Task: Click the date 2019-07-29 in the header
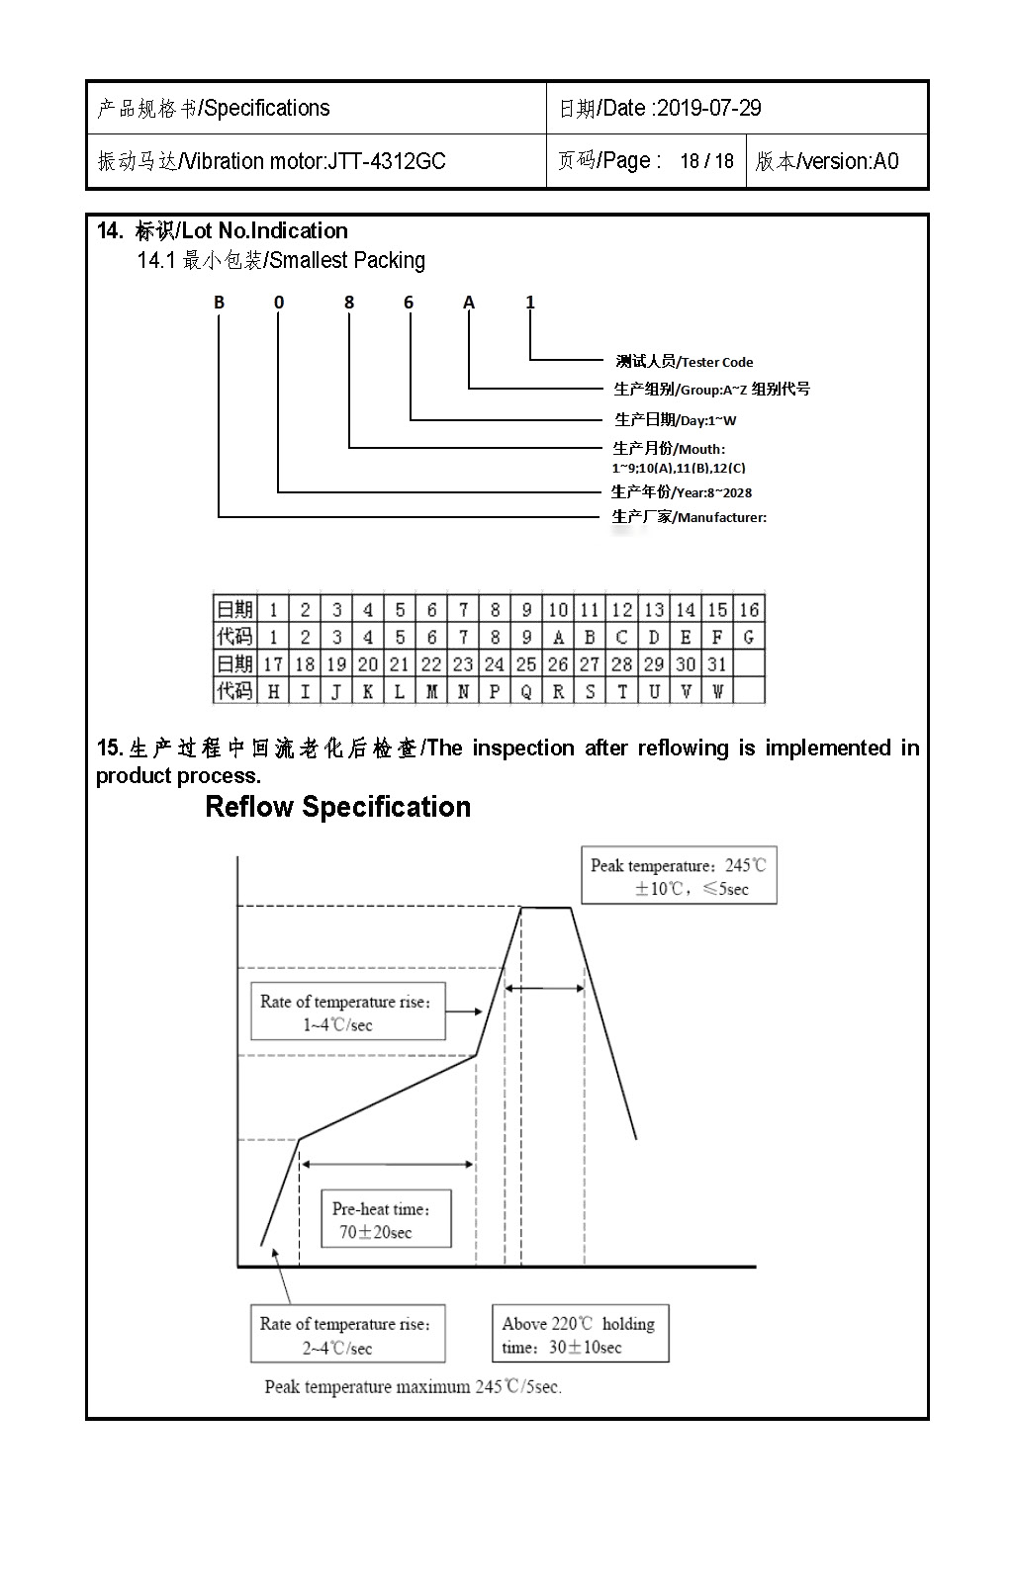point(708,108)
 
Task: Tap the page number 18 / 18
point(706,161)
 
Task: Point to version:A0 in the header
point(848,161)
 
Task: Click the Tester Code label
point(716,362)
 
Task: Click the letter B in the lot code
point(220,303)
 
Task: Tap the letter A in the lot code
point(469,303)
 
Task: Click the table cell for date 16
point(749,609)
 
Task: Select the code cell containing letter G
point(749,637)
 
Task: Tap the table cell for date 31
point(717,664)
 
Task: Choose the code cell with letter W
point(717,691)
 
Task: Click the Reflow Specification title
point(337,807)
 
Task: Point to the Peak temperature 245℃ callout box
point(679,876)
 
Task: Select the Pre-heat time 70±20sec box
point(386,1219)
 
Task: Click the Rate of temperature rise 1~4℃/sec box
point(347,1012)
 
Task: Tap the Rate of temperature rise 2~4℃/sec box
point(347,1335)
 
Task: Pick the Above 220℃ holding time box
point(580,1334)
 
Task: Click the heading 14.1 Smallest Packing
point(281,260)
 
